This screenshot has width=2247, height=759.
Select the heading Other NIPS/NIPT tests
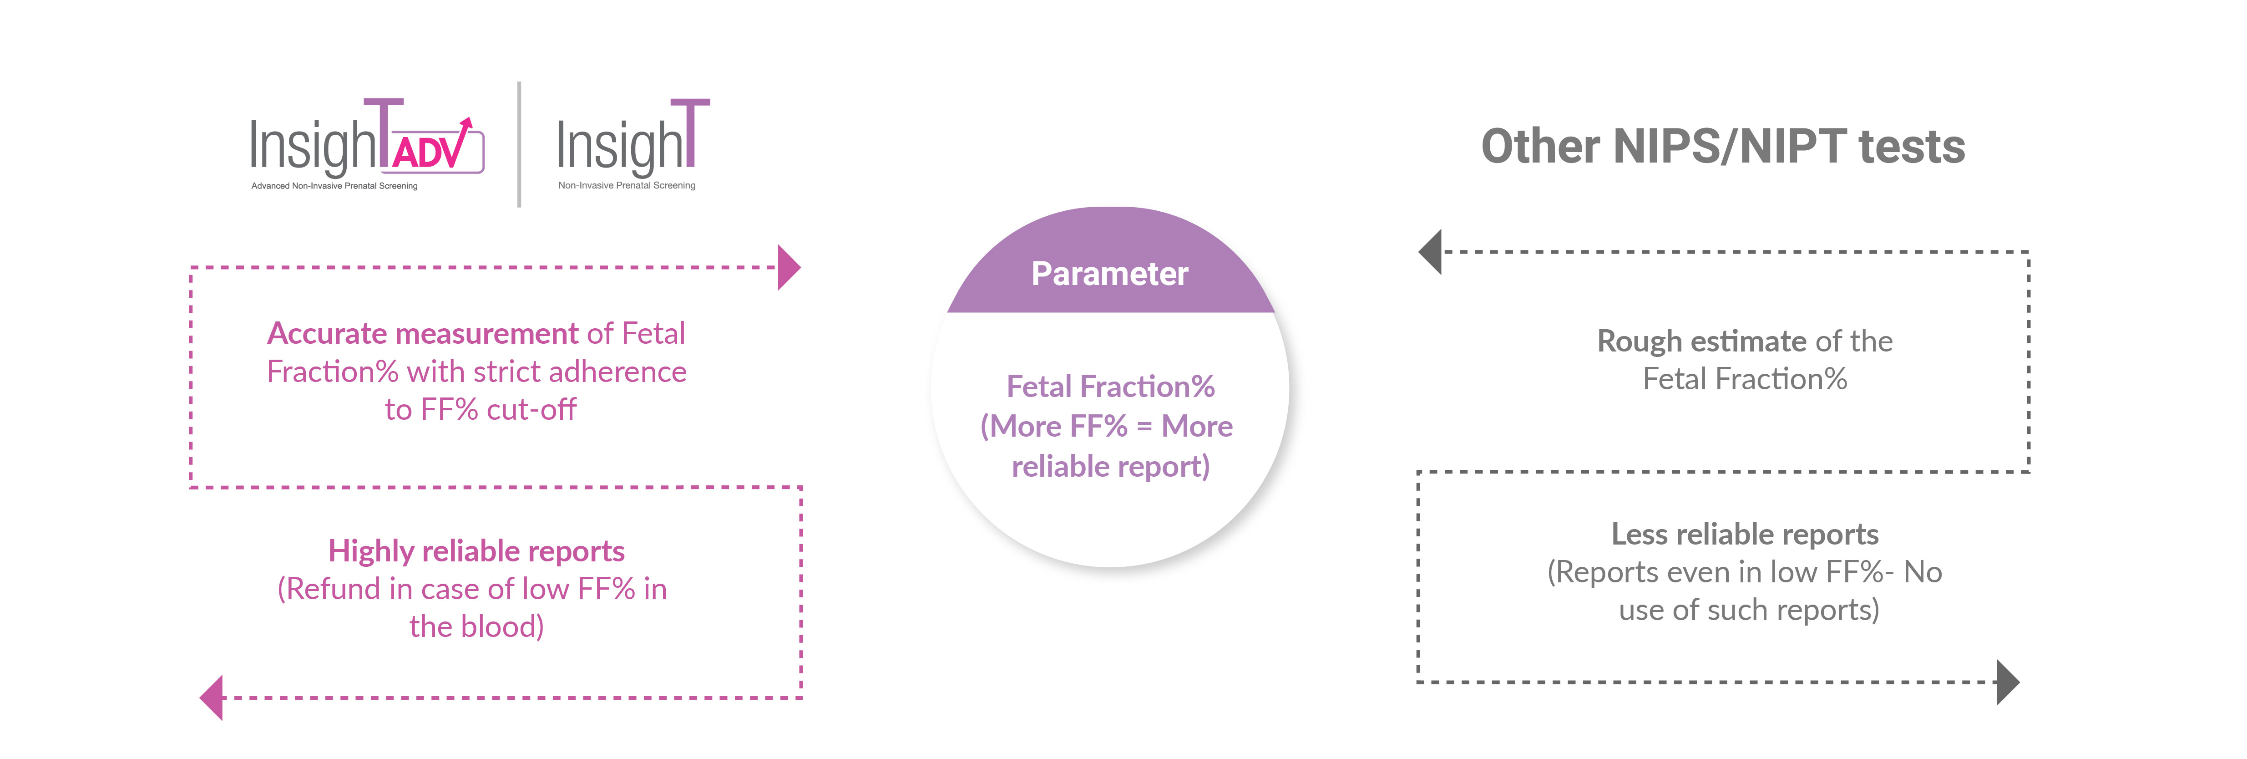[x=1723, y=146]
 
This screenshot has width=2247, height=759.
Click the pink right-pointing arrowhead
[x=789, y=267]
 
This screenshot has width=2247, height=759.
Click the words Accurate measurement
[x=423, y=333]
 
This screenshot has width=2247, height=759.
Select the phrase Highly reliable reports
[x=476, y=551]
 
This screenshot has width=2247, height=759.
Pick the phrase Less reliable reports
[x=1745, y=534]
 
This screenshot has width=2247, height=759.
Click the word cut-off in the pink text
[x=531, y=409]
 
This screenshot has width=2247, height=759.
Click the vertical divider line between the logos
[x=520, y=144]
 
